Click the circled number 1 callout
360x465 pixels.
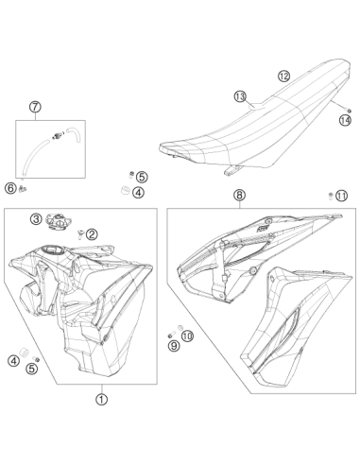(x=101, y=400)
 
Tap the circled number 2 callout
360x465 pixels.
(x=92, y=234)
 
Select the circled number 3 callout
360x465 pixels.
(x=36, y=218)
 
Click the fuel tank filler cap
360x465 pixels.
(x=57, y=220)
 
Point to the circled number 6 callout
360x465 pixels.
(x=10, y=188)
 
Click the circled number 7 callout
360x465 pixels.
(x=35, y=107)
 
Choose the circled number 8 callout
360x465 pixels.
(x=239, y=195)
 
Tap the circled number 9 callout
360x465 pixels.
(x=174, y=346)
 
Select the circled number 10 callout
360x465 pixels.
(x=188, y=336)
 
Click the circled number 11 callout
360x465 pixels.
(x=341, y=196)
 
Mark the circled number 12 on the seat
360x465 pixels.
(x=283, y=76)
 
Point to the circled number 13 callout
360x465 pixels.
(x=240, y=96)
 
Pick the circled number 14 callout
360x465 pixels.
(x=345, y=120)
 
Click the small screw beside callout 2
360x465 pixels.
(x=79, y=233)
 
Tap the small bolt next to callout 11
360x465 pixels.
(x=331, y=196)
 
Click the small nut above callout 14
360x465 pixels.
(x=349, y=110)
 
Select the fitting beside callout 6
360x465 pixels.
(x=23, y=188)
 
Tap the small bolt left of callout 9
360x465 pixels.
(x=171, y=335)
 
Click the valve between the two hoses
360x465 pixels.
(x=58, y=135)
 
